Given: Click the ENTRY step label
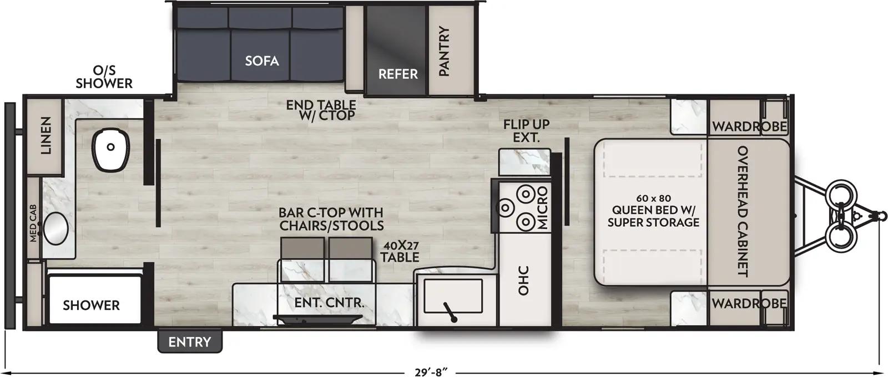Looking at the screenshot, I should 190,342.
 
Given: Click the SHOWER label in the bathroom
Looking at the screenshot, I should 91,305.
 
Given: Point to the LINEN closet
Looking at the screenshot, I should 46,135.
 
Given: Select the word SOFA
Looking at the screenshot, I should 261,60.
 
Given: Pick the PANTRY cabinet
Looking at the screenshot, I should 444,51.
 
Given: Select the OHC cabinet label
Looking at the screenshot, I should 523,281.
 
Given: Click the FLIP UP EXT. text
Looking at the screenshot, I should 526,131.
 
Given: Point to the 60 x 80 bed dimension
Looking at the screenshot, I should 654,198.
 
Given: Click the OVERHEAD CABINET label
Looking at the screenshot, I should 743,211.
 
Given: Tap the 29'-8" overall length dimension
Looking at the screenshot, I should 431,372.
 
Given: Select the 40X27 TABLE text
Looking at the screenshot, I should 400,251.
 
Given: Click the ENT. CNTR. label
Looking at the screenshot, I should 329,303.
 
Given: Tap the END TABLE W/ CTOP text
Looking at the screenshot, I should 321,110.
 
